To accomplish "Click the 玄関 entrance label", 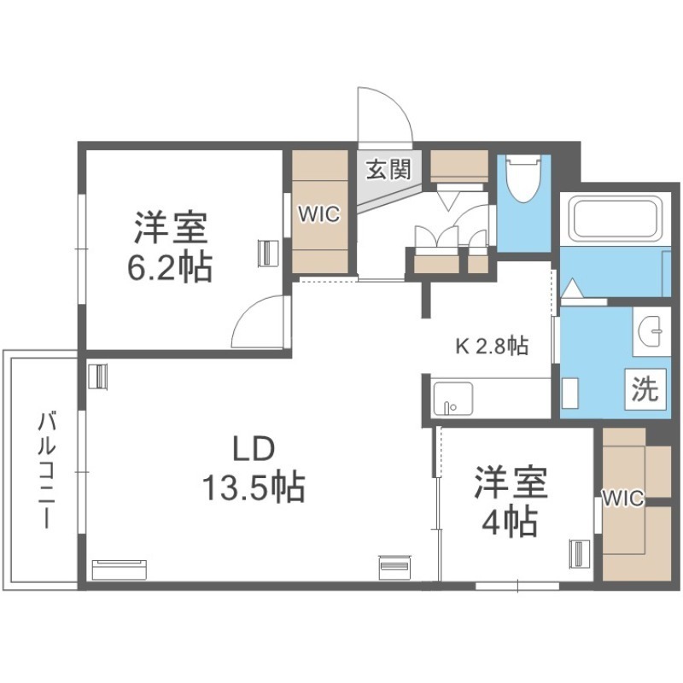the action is point(388,169).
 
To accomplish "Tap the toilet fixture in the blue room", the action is point(524,178).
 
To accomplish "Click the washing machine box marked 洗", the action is point(645,389).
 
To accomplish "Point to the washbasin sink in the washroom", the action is point(651,330).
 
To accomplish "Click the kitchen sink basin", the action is point(453,398).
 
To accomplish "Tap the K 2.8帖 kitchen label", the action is point(492,347).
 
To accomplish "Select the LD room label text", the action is point(254,449).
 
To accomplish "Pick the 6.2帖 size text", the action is point(169,267).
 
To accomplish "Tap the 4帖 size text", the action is point(510,521).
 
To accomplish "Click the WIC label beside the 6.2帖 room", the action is point(318,214).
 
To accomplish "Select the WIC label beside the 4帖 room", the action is point(623,498).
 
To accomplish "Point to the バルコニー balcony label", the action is point(46,470).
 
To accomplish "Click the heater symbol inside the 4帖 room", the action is point(580,554).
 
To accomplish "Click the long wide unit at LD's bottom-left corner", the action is point(120,569).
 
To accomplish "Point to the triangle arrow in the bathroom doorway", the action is point(570,288).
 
